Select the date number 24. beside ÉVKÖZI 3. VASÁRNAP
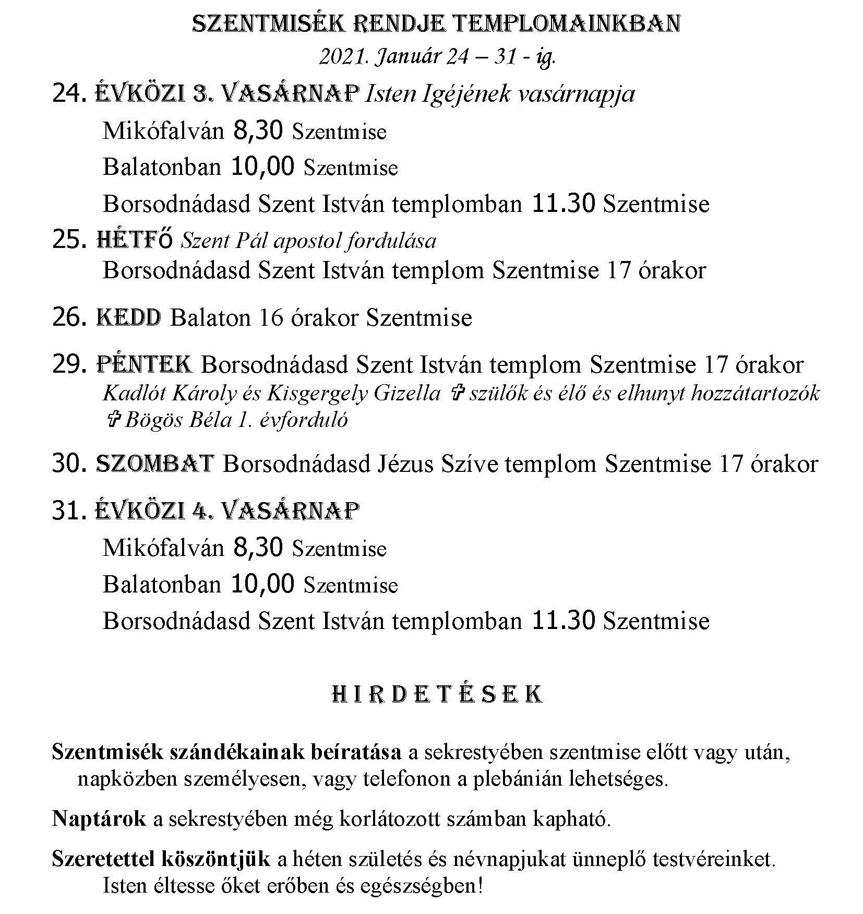[x=69, y=94]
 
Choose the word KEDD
[x=129, y=318]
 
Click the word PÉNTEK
[x=145, y=364]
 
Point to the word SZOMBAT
[x=155, y=464]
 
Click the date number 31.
[x=68, y=511]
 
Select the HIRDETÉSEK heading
[x=437, y=695]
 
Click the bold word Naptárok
[x=99, y=819]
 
